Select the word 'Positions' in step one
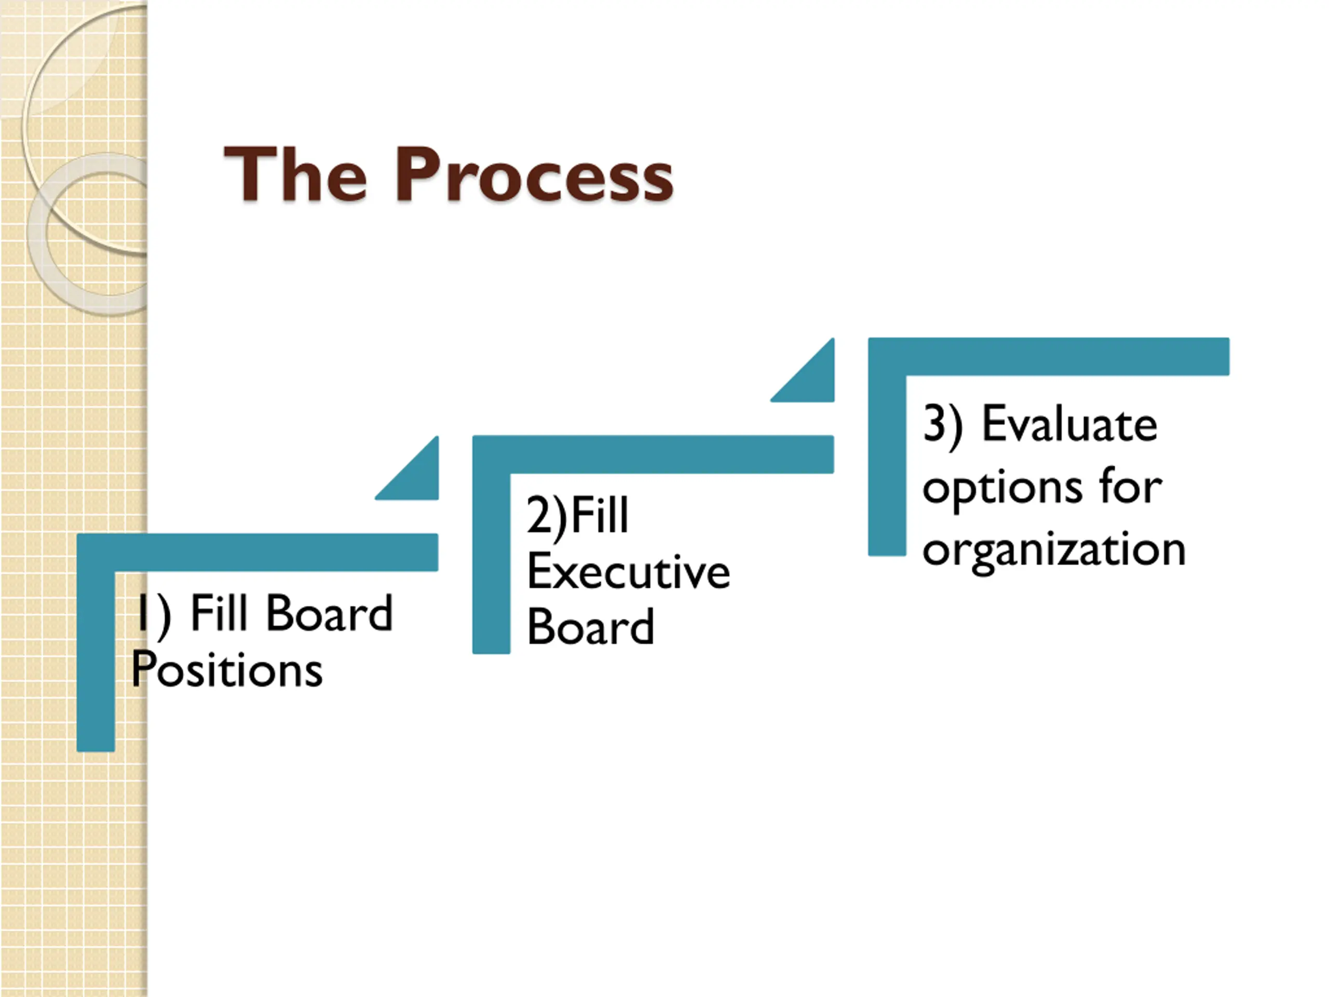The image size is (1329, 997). (x=227, y=669)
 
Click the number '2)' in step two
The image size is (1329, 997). (x=546, y=516)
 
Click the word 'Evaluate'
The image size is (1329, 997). (x=1069, y=424)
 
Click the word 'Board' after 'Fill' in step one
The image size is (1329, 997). (x=329, y=613)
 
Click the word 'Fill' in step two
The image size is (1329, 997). (x=599, y=516)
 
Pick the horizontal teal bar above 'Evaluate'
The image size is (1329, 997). (x=1049, y=356)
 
